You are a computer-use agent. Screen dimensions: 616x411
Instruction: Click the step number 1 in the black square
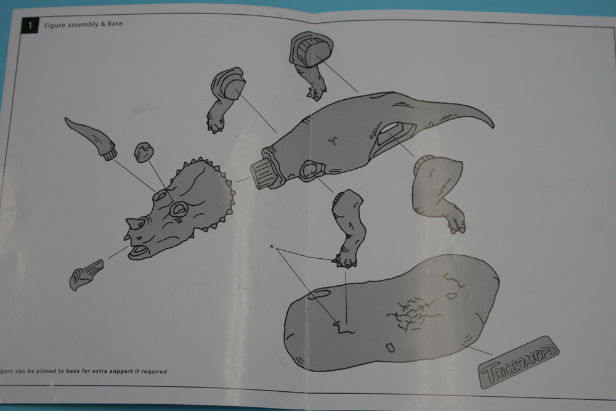(x=30, y=26)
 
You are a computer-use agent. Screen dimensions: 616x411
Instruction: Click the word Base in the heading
(x=115, y=23)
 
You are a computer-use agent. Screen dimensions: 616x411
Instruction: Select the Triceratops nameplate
(x=519, y=362)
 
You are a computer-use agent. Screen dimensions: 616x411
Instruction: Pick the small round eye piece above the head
(x=144, y=152)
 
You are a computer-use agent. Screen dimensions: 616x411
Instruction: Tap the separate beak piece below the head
(x=86, y=275)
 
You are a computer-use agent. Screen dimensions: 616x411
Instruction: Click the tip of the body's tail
(x=493, y=126)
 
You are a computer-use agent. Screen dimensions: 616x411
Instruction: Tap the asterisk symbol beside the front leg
(x=272, y=246)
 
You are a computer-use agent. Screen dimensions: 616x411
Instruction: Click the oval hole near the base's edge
(x=319, y=294)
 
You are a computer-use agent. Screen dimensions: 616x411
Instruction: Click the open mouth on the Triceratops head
(x=138, y=251)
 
